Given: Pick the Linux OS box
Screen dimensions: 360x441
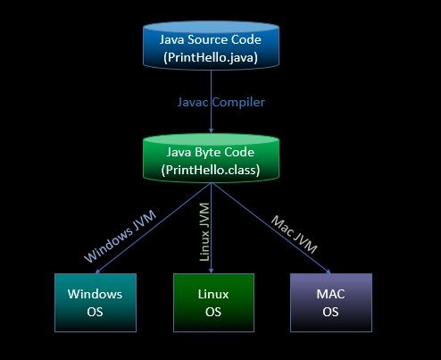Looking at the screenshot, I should coord(212,302).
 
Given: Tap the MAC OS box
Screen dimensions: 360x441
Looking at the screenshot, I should coord(330,302).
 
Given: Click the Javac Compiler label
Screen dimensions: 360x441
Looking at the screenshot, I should coord(220,102).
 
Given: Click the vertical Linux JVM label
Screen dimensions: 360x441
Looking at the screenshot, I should coord(204,233).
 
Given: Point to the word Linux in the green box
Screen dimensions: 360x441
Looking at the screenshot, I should coord(212,293).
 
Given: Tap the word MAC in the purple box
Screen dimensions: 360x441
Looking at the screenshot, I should coord(330,293).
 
